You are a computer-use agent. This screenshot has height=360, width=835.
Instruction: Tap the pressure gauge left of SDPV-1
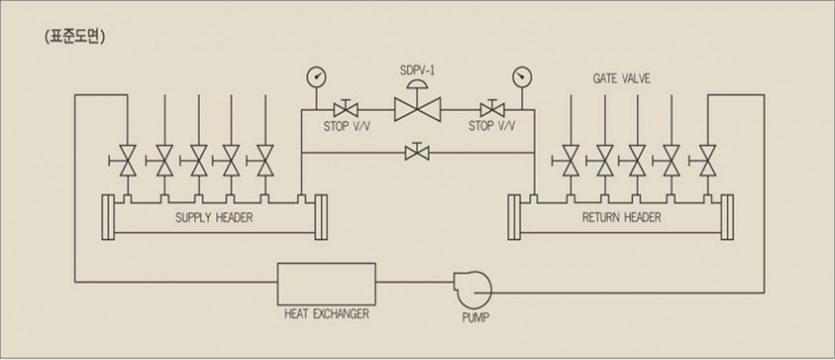pyautogui.click(x=316, y=77)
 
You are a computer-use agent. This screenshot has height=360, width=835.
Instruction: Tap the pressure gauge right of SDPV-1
pyautogui.click(x=520, y=77)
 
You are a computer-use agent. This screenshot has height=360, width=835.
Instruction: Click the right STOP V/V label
pyautogui.click(x=491, y=126)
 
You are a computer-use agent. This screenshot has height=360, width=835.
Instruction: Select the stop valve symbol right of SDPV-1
pyautogui.click(x=489, y=109)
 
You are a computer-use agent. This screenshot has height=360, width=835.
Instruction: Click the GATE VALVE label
pyautogui.click(x=621, y=77)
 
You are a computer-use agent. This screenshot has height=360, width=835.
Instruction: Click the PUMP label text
pyautogui.click(x=475, y=320)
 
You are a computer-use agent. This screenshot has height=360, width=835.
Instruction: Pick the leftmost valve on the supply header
pyautogui.click(x=127, y=159)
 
